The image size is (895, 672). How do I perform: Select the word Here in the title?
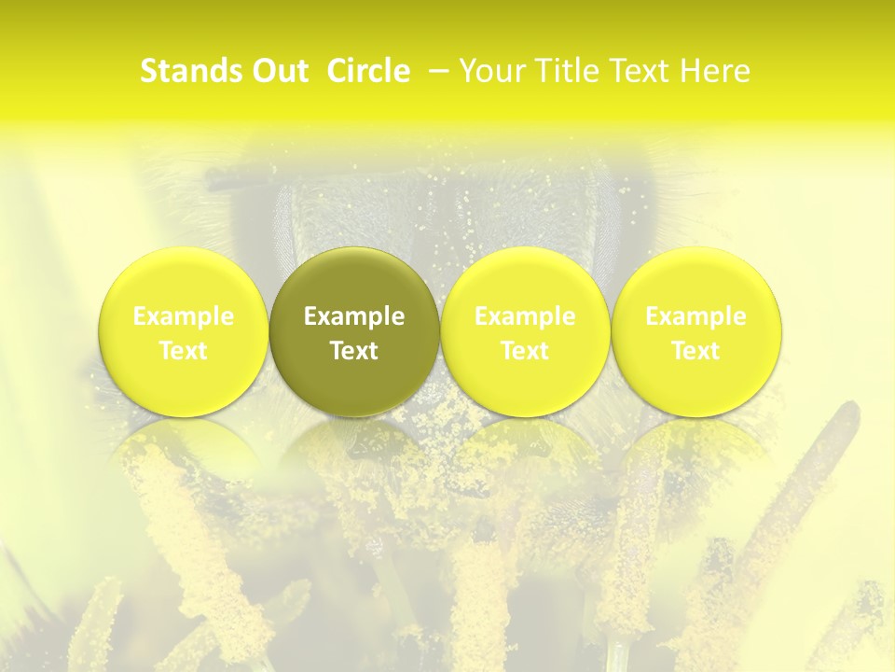point(718,71)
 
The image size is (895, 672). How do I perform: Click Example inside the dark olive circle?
point(354,316)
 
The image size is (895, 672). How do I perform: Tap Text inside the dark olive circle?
point(354,351)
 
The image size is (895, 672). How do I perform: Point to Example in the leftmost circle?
point(184,316)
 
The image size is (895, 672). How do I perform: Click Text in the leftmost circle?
point(184,351)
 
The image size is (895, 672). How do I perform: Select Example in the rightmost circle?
point(695,316)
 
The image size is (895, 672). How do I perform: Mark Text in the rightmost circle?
point(695,351)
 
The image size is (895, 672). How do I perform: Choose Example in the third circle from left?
point(525,316)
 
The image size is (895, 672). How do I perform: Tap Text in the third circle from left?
point(525,351)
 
